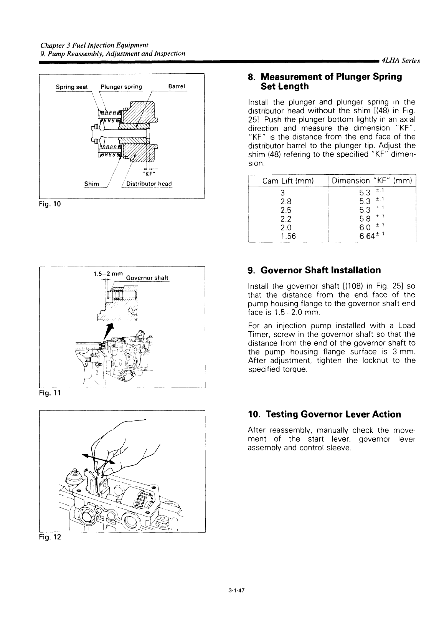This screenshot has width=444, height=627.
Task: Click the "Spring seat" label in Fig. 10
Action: pyautogui.click(x=72, y=87)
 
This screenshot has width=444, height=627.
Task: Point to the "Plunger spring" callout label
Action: pyautogui.click(x=121, y=87)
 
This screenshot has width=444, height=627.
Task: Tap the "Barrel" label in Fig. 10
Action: pyautogui.click(x=177, y=86)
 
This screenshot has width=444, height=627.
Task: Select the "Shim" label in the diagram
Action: pyautogui.click(x=91, y=184)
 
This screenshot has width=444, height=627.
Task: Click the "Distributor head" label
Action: pyautogui.click(x=149, y=184)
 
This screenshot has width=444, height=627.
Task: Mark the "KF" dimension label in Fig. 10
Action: pyautogui.click(x=149, y=174)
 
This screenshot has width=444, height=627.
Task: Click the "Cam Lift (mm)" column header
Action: pyautogui.click(x=288, y=181)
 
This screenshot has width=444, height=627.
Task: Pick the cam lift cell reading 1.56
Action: pyautogui.click(x=288, y=236)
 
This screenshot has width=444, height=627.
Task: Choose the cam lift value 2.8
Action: pyautogui.click(x=286, y=202)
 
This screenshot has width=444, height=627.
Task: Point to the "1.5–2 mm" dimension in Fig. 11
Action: pyautogui.click(x=108, y=274)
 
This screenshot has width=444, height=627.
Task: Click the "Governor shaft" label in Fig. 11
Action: pyautogui.click(x=147, y=278)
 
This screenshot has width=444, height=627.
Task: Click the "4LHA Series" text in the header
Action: pyautogui.click(x=401, y=61)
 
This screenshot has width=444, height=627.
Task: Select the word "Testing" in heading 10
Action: pyautogui.click(x=282, y=414)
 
